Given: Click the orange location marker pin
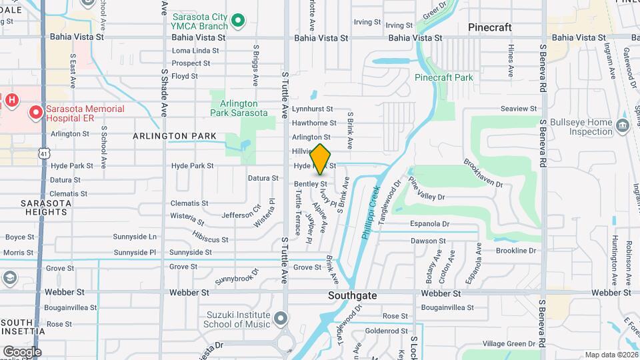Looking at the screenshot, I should tap(321, 160).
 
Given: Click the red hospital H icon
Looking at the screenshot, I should tap(11, 100).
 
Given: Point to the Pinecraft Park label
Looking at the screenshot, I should tap(443, 77).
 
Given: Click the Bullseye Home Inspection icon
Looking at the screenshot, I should tap(622, 125).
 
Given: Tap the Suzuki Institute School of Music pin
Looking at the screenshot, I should tap(281, 318).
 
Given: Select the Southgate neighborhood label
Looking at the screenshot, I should tap(353, 295).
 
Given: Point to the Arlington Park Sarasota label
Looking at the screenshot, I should tap(244, 108).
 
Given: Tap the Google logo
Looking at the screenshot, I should tap(22, 351).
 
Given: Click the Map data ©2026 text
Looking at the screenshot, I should tap(611, 355).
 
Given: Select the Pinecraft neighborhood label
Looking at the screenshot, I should tap(490, 27).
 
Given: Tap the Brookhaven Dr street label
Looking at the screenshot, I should tap(481, 174).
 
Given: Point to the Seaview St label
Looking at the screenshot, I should tap(519, 109).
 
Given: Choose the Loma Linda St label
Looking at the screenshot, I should tap(195, 50).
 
